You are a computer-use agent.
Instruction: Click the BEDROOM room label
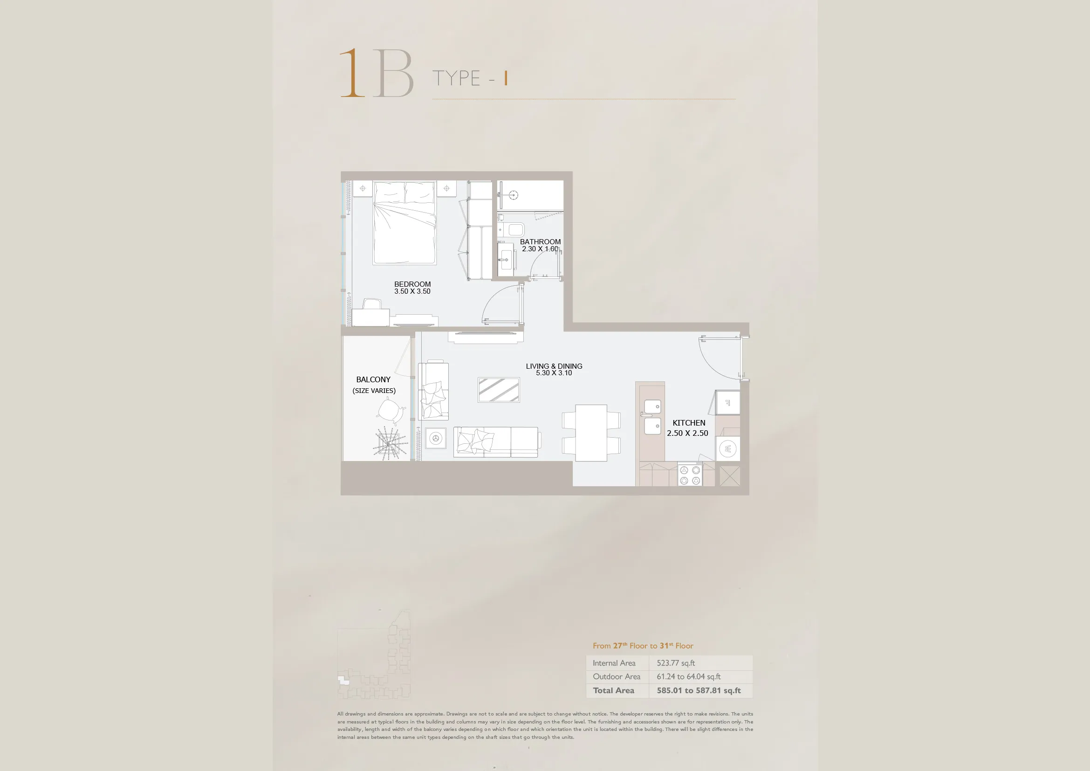pos(412,284)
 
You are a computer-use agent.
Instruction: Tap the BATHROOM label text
pos(540,241)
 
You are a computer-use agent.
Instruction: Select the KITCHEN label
pos(689,422)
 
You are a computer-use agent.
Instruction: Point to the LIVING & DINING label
pos(554,366)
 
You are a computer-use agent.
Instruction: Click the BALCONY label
pos(373,379)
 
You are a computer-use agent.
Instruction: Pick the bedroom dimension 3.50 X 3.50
pos(412,291)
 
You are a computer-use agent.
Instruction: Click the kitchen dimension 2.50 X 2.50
pos(687,433)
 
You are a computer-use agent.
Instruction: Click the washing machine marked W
pos(727,448)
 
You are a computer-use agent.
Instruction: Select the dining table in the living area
pos(591,433)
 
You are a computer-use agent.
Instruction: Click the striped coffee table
pos(499,390)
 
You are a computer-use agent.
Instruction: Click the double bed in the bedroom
pos(404,223)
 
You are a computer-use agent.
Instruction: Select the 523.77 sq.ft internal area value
pos(676,663)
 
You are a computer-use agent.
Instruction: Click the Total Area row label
pos(613,690)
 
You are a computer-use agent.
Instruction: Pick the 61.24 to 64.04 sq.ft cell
pos(688,676)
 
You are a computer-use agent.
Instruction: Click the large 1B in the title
pos(377,73)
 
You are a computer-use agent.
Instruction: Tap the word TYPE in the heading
pos(456,78)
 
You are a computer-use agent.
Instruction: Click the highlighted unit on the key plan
pos(343,680)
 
